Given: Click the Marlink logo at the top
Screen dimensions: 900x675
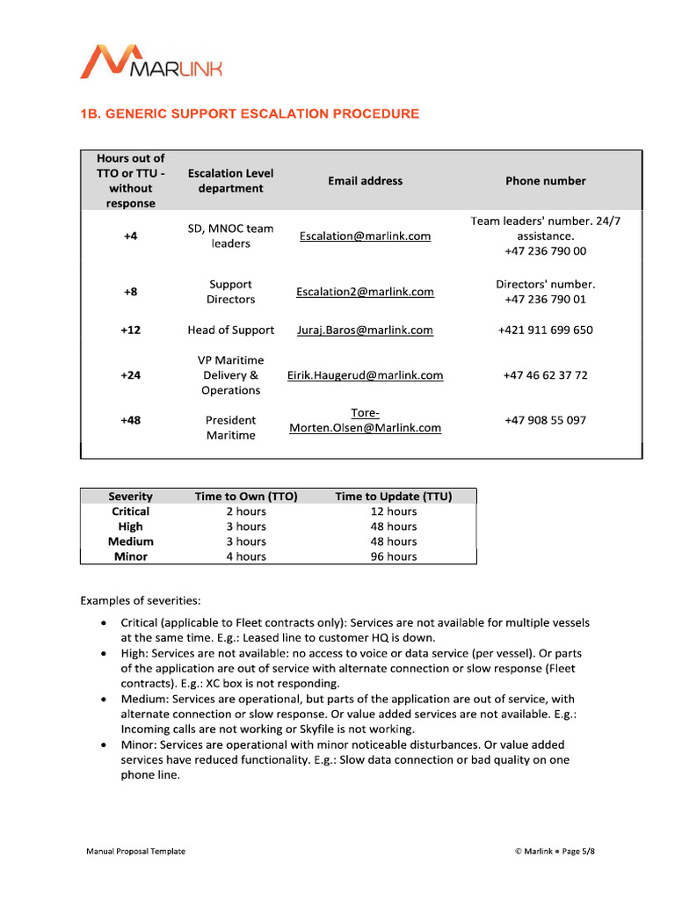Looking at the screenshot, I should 151,62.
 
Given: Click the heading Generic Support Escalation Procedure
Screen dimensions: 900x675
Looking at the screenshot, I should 250,114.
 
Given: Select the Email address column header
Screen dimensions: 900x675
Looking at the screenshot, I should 365,181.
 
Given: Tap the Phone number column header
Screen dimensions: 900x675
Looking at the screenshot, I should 545,181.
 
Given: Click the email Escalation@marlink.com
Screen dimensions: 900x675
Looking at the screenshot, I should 365,236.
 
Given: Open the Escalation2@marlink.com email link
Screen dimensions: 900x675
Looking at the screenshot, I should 365,292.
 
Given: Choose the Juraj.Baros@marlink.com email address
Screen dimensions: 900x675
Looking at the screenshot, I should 365,330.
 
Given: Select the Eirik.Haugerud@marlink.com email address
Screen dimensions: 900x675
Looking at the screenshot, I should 365,375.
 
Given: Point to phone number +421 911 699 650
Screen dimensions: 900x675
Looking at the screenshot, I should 545,330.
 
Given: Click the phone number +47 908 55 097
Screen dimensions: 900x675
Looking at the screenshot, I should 545,420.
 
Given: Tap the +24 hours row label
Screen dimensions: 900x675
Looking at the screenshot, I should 130,375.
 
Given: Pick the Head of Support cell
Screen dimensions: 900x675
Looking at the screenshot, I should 230,330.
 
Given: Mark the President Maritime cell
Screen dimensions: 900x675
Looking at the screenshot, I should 230,428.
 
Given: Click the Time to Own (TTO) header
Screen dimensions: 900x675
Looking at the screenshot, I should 246,497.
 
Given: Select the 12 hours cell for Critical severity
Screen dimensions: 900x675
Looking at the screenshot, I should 393,512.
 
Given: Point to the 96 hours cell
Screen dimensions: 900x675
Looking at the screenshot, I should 393,556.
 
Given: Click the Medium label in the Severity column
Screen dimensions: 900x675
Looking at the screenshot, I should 130,541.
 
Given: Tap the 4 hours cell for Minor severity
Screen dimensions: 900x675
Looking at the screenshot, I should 246,556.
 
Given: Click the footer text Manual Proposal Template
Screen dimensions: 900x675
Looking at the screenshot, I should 135,851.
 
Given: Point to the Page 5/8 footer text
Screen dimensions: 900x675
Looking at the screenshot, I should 577,851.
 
